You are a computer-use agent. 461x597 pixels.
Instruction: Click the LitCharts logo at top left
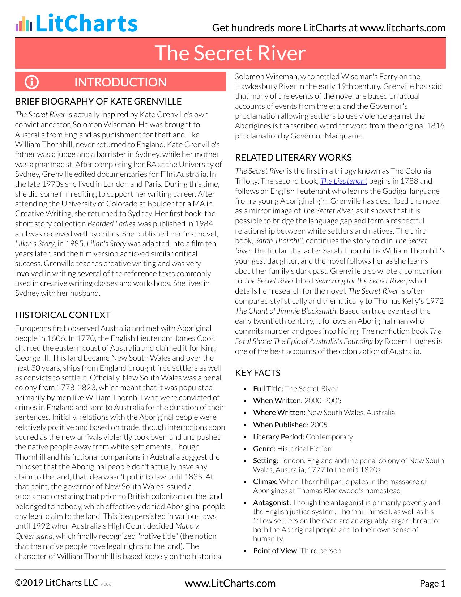(76, 24)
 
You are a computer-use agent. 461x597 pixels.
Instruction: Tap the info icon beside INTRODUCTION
(31, 82)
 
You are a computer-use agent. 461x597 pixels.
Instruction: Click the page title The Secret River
(230, 53)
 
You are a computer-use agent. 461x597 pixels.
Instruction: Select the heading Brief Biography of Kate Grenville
(98, 101)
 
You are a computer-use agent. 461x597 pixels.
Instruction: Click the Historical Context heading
(63, 315)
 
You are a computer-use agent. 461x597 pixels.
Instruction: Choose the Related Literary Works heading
(293, 157)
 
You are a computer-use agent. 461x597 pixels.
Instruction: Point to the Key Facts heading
(257, 373)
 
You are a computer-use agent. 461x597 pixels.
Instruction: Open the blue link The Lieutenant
(343, 181)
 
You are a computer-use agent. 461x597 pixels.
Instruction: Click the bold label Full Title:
(268, 389)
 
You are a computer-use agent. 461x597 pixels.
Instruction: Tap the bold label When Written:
(278, 401)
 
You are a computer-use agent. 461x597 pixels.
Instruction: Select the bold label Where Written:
(279, 413)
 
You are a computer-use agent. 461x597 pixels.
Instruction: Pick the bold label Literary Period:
(278, 437)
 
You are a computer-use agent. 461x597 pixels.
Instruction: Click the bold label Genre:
(264, 449)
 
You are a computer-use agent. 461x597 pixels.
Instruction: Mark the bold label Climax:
(265, 482)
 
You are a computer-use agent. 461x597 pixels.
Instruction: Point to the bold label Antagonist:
(272, 503)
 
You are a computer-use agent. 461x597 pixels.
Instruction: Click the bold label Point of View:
(276, 551)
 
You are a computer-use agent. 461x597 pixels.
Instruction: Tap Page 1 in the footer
(432, 583)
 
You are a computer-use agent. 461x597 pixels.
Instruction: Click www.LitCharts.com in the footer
(230, 583)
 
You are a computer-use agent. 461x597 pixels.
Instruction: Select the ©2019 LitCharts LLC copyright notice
(57, 583)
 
